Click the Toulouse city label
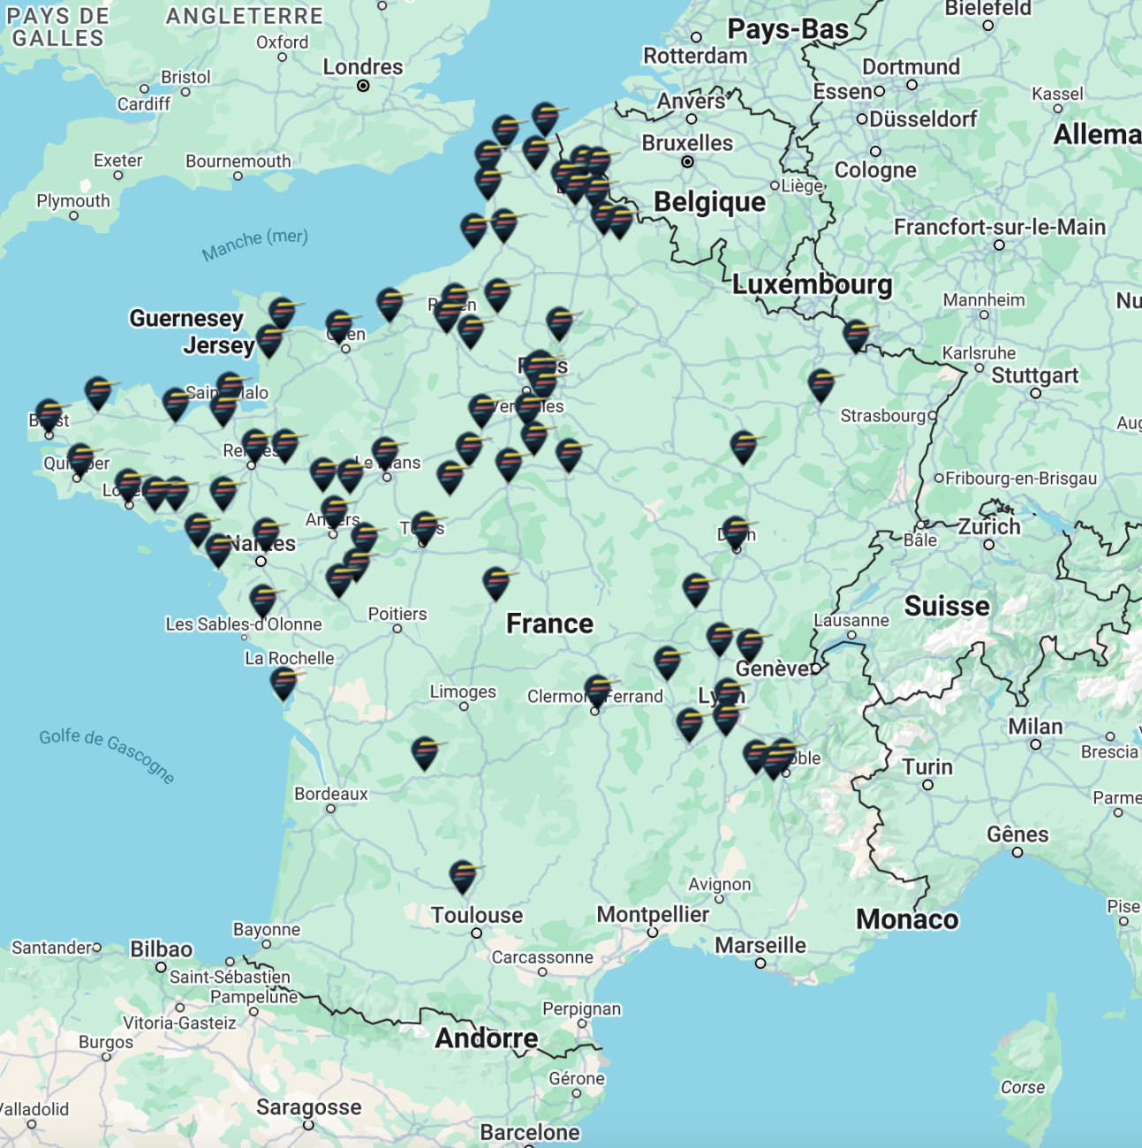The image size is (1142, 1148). pos(477,915)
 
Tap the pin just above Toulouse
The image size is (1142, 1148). pos(463,876)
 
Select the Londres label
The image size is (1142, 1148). pos(362,67)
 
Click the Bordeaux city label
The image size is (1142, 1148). pos(330,794)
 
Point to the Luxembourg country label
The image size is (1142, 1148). pos(812,284)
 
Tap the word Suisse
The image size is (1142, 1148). pos(947,606)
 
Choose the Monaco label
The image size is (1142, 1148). pos(907,919)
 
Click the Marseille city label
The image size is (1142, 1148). pos(760,945)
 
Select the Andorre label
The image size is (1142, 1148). pos(486,1038)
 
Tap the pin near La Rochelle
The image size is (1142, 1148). pos(284,683)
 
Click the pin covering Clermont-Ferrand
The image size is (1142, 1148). pos(598,691)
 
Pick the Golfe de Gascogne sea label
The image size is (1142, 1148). pos(107,756)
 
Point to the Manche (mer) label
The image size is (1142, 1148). pos(254,244)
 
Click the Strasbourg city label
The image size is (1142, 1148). pos(882,415)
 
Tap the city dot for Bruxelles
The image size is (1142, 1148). pos(687,162)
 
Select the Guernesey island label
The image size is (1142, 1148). pos(185,318)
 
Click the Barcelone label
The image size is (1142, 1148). pos(530,1132)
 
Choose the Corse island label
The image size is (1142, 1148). pos(1022,1087)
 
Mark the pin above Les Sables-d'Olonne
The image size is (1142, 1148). pos(263,600)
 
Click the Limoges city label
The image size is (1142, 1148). pos(463,691)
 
